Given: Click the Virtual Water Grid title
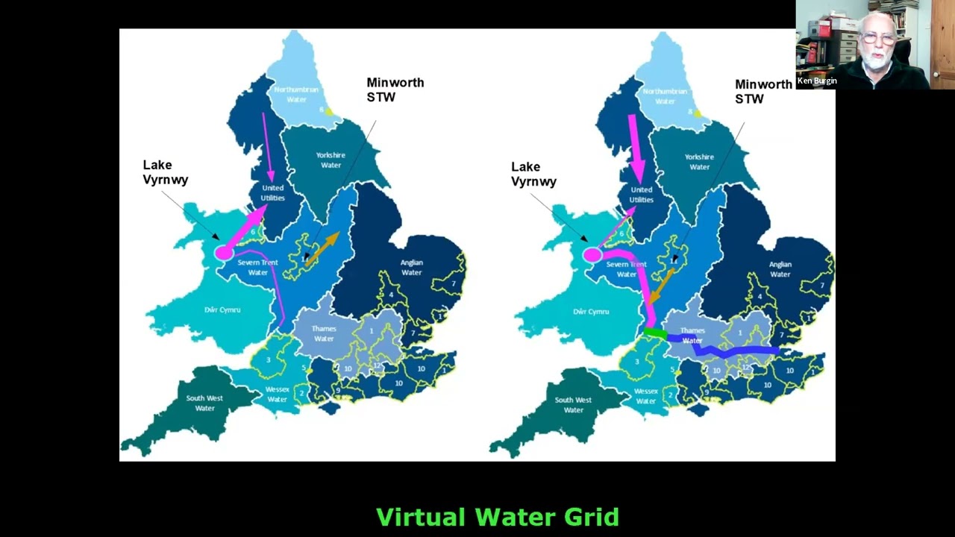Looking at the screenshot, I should point(498,517).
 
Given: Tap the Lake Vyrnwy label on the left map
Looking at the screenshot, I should point(165,172).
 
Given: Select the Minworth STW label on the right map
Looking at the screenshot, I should point(763,92).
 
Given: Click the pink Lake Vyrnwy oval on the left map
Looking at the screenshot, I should point(224,254).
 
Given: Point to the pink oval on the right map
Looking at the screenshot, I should point(592,255).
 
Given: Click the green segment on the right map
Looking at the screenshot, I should point(655,333).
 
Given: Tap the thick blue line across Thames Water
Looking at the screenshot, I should point(735,350).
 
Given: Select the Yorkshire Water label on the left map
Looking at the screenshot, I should point(331,160).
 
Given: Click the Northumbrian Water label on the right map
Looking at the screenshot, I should point(665,96).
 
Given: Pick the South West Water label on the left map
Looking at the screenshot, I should point(204,403).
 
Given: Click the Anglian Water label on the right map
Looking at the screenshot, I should point(780,269).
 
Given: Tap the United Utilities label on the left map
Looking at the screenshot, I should point(272,192).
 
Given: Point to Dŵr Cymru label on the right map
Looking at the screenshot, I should point(590,312).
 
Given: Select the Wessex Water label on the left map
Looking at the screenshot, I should point(278,395).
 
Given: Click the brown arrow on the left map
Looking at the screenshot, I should point(322,248).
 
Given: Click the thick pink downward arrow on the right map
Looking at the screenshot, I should point(636,149).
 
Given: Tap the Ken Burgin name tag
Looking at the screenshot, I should point(817,81).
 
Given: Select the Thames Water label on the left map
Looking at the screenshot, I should point(324,333).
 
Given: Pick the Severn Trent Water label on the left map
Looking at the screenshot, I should point(257,267).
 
